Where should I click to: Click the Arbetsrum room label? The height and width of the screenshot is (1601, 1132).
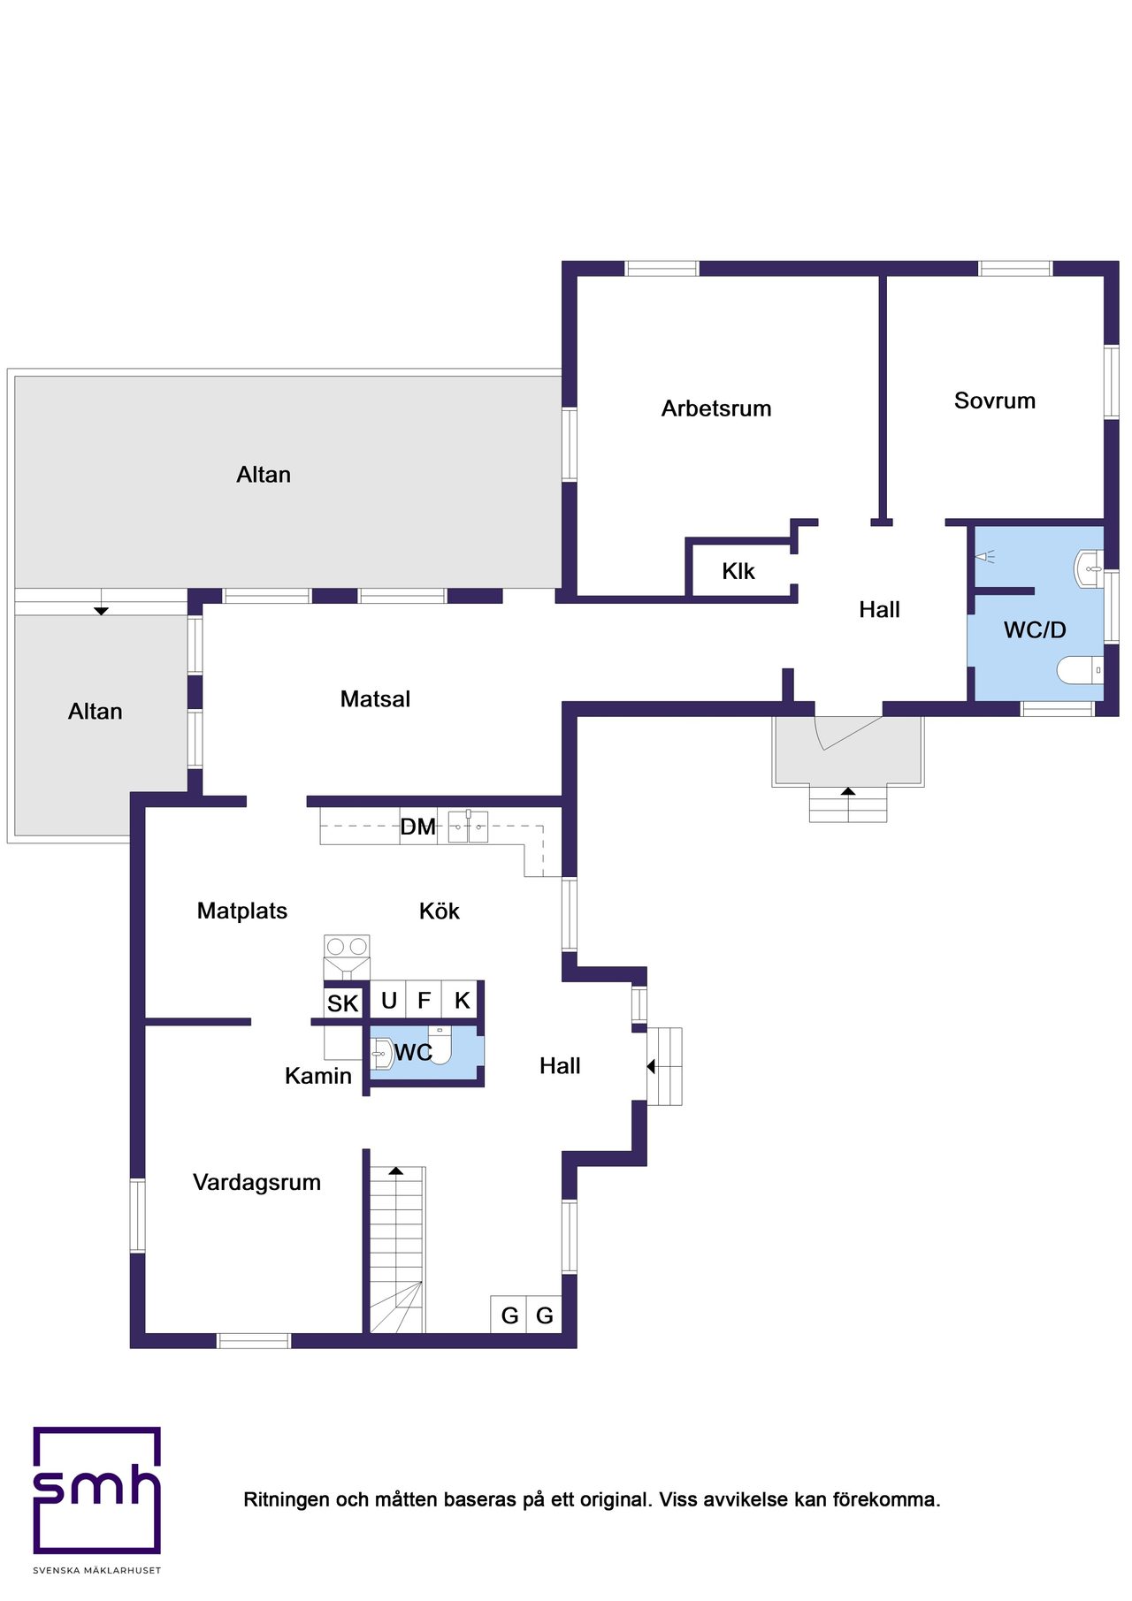point(716,408)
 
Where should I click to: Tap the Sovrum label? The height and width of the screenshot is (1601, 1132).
point(995,400)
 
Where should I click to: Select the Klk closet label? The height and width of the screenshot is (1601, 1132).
point(738,571)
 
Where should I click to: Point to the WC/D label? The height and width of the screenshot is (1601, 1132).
point(1035,629)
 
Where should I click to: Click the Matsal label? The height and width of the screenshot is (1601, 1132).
point(375,699)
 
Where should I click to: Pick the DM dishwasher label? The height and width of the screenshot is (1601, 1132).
point(418,827)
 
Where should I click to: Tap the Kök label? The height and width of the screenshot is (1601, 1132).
point(440,911)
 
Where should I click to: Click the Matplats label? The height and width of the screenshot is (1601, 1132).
point(242,911)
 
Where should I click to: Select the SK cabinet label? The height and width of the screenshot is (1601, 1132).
point(343,1003)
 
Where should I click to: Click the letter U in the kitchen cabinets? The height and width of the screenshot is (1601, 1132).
point(389,1000)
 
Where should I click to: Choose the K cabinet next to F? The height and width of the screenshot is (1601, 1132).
point(462,1000)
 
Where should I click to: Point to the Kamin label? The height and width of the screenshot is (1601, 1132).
point(318,1076)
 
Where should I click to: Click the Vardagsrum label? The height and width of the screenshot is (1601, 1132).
point(256,1182)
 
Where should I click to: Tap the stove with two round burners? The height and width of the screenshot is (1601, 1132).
point(347,947)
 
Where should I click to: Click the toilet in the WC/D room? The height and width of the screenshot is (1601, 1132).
point(1081,670)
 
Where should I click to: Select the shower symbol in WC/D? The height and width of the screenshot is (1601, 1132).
point(984,557)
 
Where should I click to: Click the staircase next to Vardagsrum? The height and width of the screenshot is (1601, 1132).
point(397,1249)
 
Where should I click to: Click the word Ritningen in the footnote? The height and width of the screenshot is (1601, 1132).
point(287,1500)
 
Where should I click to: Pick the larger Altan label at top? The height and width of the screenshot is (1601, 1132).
point(264,475)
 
